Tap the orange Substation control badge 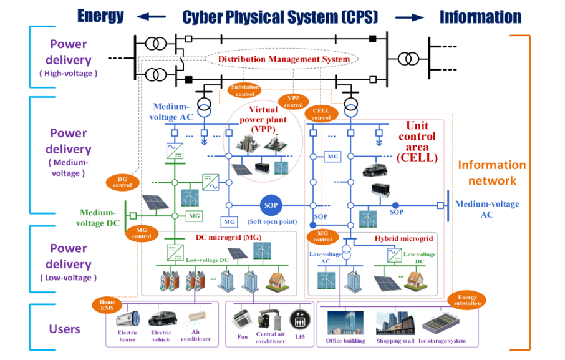click(x=244, y=90)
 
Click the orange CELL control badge click(x=321, y=114)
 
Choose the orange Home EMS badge click(x=107, y=305)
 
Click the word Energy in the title click(x=101, y=16)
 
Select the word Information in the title click(x=480, y=17)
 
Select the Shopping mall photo click(x=395, y=323)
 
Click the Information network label click(x=492, y=173)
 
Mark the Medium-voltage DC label click(x=98, y=217)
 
